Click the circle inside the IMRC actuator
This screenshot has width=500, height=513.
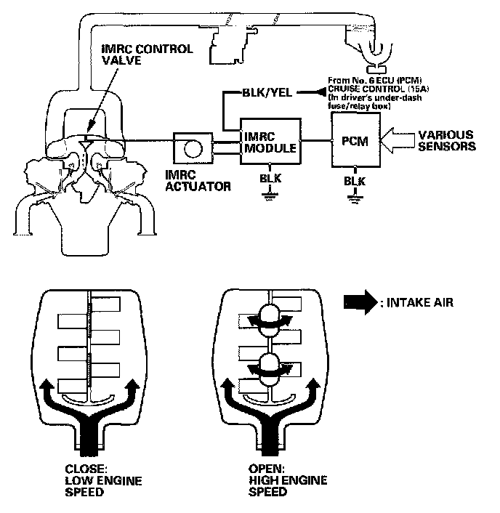pyautogui.click(x=190, y=147)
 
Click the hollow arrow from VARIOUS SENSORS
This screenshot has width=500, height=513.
pyautogui.click(x=397, y=141)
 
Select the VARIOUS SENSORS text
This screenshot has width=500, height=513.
pyautogui.click(x=444, y=140)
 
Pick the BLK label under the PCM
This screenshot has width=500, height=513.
pyautogui.click(x=355, y=180)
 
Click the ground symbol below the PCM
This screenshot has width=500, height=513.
pyautogui.click(x=355, y=197)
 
